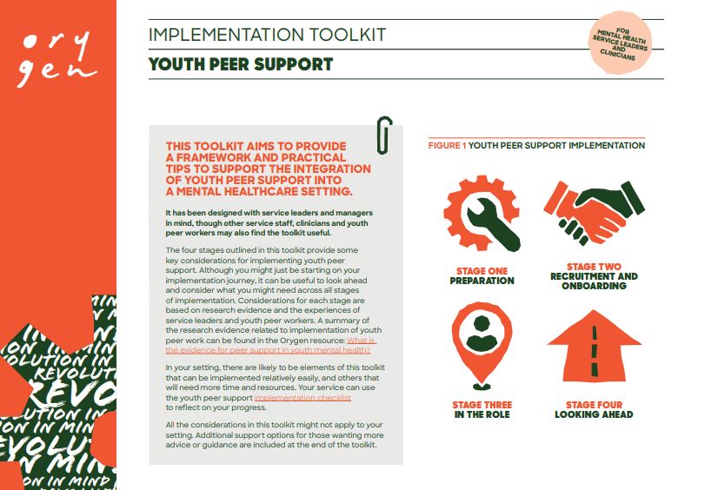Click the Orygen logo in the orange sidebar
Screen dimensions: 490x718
coord(57,56)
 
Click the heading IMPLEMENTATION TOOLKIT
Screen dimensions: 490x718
coord(267,36)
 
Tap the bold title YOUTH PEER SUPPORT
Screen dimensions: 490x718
coord(241,65)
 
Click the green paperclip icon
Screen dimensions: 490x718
coord(384,133)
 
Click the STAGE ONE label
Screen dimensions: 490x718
coord(482,271)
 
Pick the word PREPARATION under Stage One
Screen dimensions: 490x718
coord(482,281)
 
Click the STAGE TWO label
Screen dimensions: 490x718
coord(594,267)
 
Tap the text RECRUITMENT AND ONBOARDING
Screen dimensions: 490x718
coord(594,281)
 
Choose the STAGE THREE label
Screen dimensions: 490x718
coord(482,405)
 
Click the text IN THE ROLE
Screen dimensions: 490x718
coord(482,415)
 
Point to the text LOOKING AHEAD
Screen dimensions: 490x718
coord(594,415)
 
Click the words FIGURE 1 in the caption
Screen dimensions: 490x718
coord(447,146)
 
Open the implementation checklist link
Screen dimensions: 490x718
coord(302,396)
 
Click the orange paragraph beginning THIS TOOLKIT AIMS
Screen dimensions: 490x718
coord(268,169)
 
